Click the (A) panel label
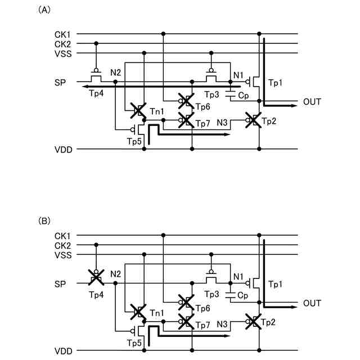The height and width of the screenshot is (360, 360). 43,11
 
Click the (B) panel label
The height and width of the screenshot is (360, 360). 43,221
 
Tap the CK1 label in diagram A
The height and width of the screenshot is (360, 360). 62,34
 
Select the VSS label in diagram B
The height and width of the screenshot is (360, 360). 62,255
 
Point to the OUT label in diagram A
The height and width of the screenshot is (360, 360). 312,102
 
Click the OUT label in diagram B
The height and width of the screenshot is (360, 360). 312,304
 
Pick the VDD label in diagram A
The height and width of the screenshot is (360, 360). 62,150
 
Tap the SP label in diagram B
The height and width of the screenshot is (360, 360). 60,284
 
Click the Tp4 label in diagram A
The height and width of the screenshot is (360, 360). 96,93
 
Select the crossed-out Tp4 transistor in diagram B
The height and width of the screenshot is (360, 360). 97,277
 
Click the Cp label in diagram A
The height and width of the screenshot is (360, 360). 244,96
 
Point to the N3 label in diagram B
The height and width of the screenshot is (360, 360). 222,325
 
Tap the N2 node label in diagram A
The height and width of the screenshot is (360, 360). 116,73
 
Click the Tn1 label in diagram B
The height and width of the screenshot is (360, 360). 157,313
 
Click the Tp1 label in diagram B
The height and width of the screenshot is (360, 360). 276,285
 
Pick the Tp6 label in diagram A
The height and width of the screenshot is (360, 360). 202,106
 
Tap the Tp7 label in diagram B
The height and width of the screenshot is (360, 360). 202,326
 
